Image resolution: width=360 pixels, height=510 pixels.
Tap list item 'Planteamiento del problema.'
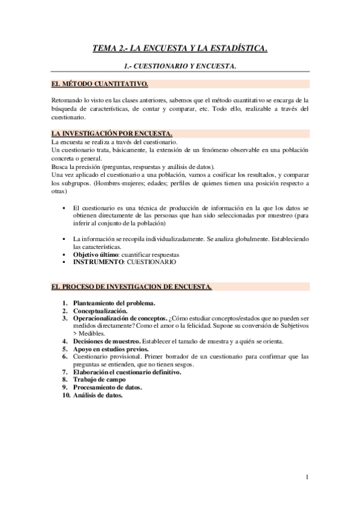[114, 303]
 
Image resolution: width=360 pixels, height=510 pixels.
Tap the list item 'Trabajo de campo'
[99, 380]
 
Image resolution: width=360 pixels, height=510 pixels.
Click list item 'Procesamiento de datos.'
[107, 388]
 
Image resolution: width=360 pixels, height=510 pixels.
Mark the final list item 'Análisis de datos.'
[98, 396]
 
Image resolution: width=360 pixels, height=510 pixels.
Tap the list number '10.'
[58, 396]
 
